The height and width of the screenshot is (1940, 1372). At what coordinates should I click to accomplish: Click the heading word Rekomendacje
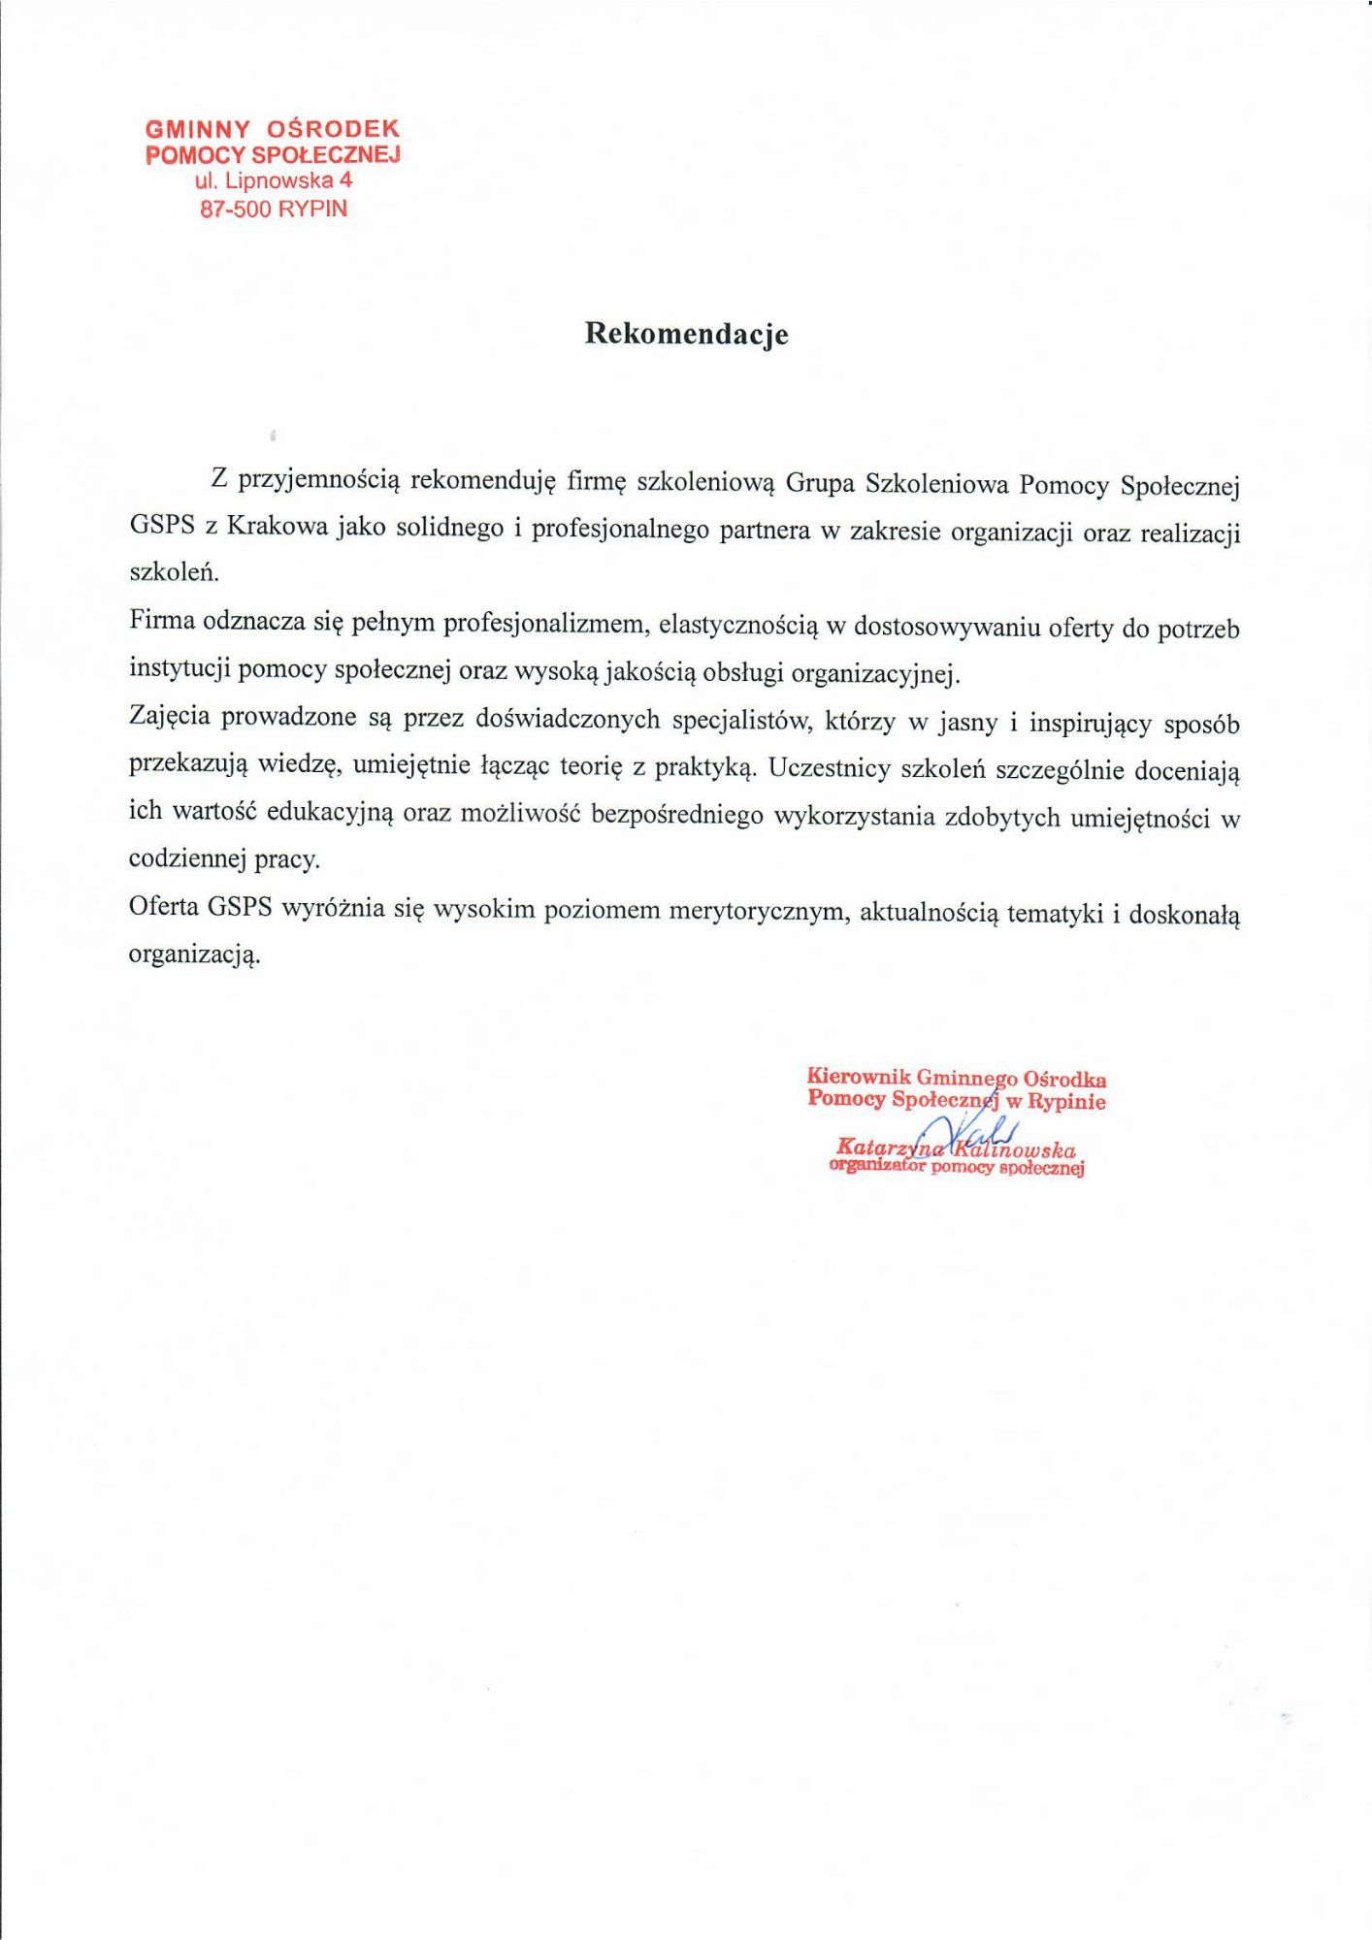click(x=686, y=334)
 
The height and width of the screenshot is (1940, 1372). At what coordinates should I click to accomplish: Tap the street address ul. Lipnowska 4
click(x=274, y=180)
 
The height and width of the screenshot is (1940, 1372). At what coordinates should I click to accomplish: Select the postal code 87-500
click(x=236, y=209)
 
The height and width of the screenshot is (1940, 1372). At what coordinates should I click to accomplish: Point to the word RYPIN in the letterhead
click(x=312, y=209)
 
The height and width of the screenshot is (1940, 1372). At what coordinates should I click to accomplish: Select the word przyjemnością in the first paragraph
click(x=319, y=479)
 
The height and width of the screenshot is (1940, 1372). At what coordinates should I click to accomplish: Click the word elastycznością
click(x=738, y=625)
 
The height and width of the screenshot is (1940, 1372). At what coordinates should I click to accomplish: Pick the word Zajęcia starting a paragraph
click(x=170, y=717)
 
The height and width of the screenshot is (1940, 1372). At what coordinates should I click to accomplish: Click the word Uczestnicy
click(x=829, y=769)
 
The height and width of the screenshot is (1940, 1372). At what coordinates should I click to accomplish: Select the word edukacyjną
click(x=330, y=812)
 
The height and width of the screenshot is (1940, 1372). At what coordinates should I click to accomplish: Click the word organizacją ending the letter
click(x=194, y=954)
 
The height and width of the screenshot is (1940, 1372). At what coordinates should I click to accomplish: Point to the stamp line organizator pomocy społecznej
click(x=956, y=1168)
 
